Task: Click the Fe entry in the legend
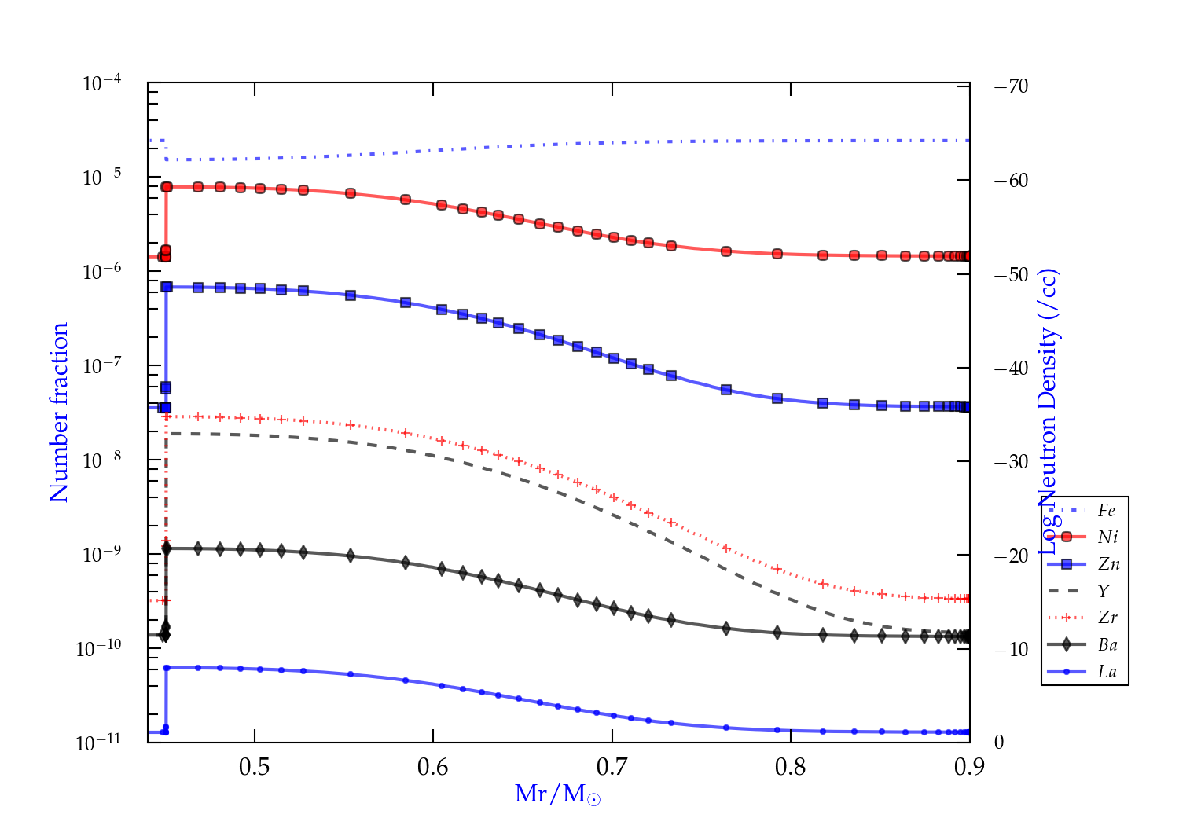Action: click(x=1107, y=511)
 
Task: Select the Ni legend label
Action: click(x=1107, y=537)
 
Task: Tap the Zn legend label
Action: click(x=1108, y=564)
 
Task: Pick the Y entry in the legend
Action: click(x=1104, y=591)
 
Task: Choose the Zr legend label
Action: click(x=1107, y=618)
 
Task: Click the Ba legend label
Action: click(x=1107, y=645)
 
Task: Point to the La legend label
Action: click(x=1107, y=672)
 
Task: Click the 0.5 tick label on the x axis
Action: click(x=254, y=766)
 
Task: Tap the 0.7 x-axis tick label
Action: click(x=612, y=766)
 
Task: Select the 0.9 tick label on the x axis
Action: click(x=969, y=766)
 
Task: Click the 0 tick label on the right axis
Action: click(x=999, y=742)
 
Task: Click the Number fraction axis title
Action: click(x=59, y=412)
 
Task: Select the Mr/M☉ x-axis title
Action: click(x=557, y=794)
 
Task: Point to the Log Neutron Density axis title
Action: click(x=1049, y=412)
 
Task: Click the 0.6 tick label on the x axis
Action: click(x=432, y=766)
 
